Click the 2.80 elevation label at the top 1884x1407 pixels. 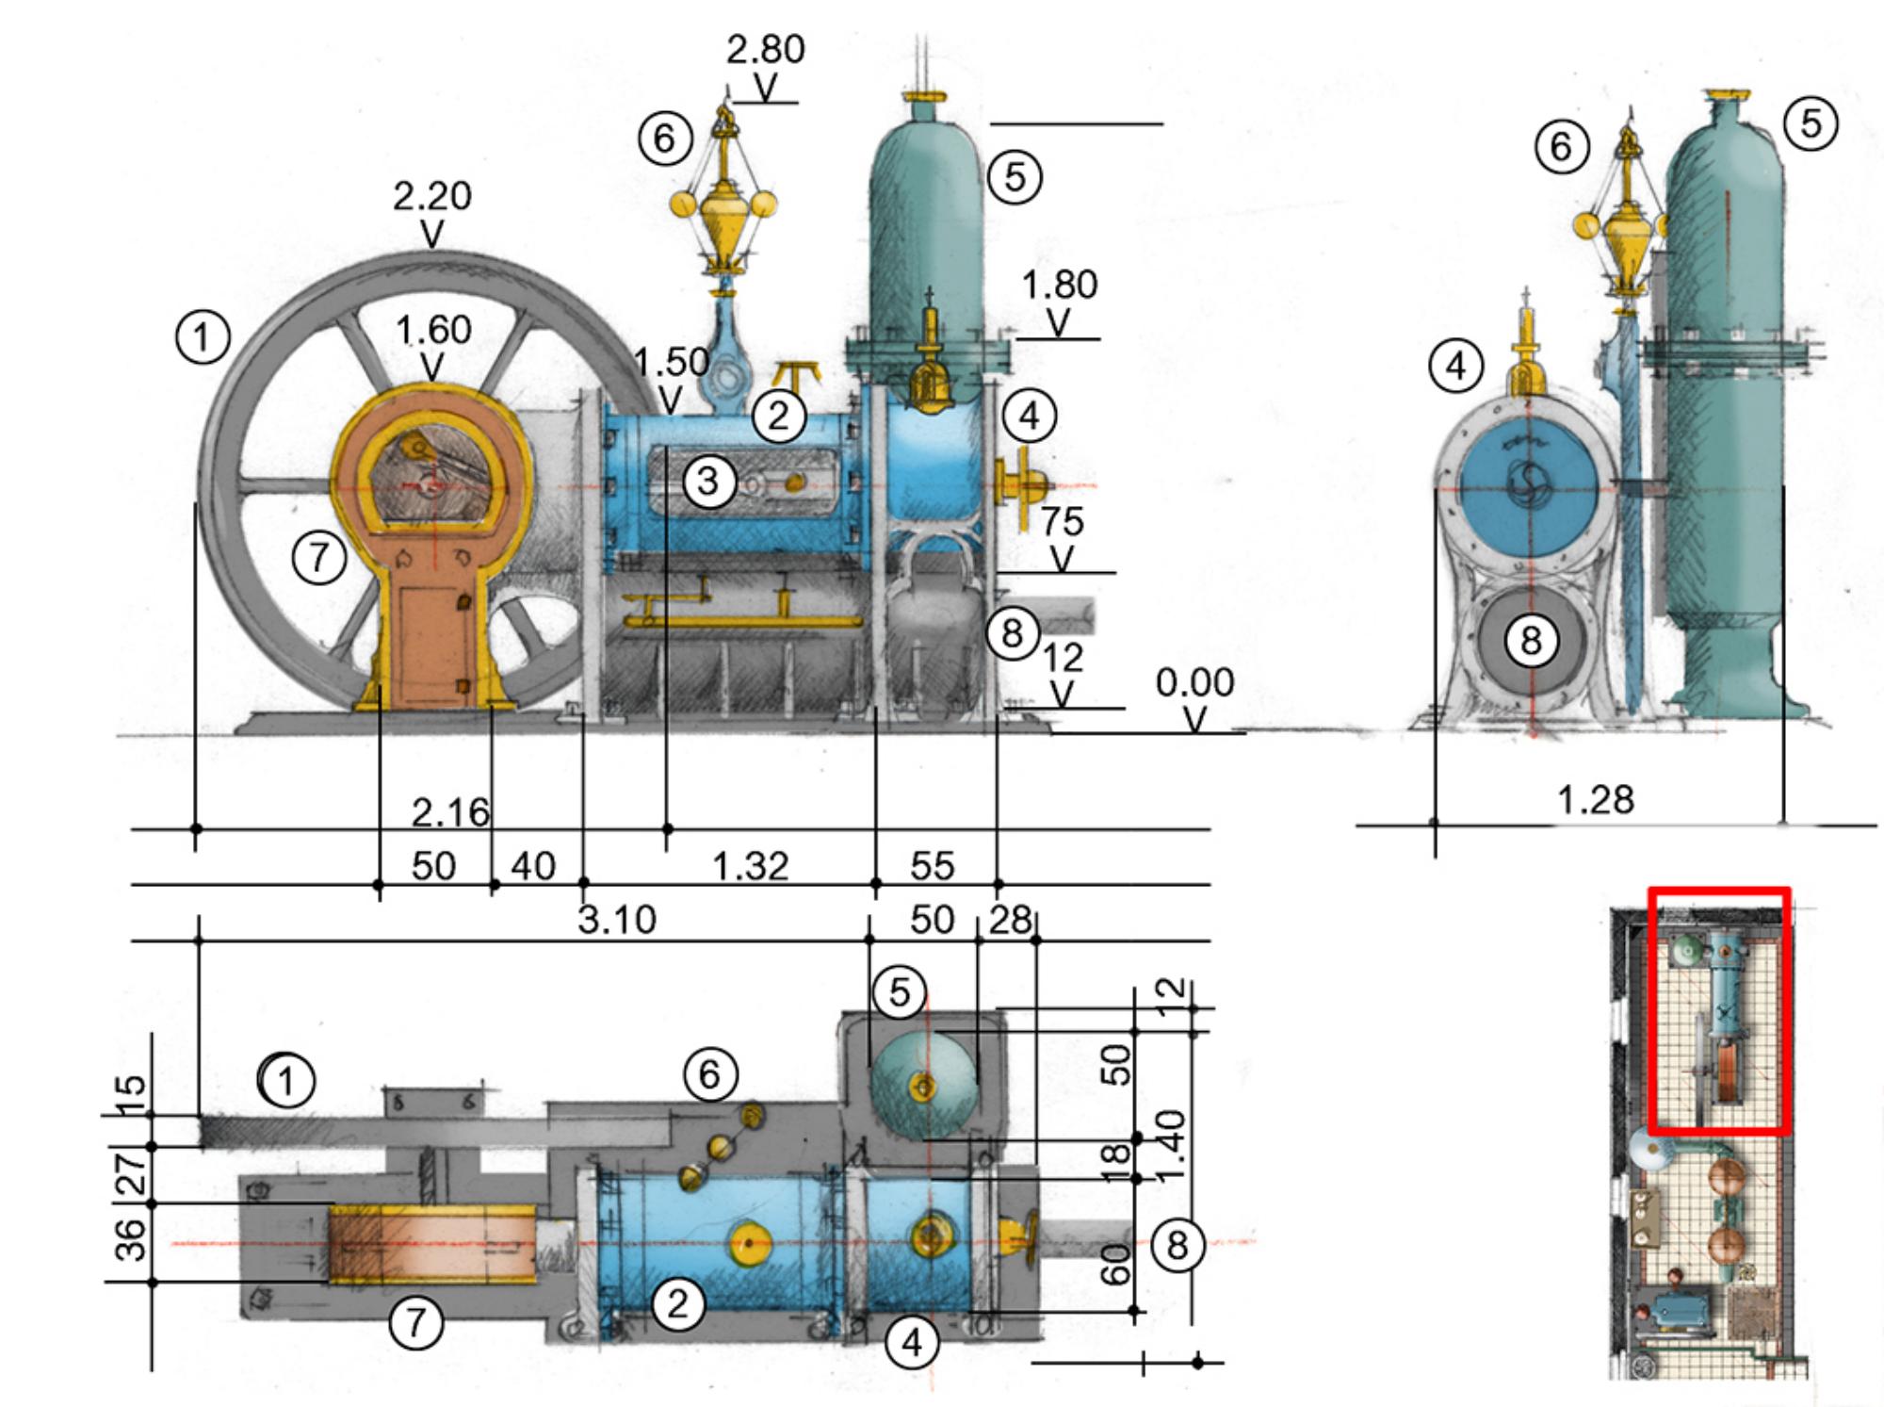coord(765,49)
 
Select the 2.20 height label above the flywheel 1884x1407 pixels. coord(431,196)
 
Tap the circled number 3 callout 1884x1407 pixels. coord(708,482)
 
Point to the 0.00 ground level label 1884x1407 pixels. coord(1194,682)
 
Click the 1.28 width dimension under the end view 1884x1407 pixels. coord(1595,800)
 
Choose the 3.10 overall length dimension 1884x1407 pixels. coord(616,920)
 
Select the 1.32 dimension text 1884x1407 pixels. coord(750,865)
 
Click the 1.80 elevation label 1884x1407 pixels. coord(1059,285)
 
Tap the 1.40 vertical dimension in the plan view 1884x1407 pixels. coord(1170,1146)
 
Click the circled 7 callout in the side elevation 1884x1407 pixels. coord(319,557)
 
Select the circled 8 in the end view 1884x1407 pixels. coord(1531,641)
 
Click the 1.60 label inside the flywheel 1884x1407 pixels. coord(433,330)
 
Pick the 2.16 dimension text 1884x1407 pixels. coord(450,811)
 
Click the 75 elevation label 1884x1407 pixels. coord(1063,521)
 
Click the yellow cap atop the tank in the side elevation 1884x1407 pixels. coord(923,96)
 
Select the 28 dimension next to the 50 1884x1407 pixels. coord(1010,920)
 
